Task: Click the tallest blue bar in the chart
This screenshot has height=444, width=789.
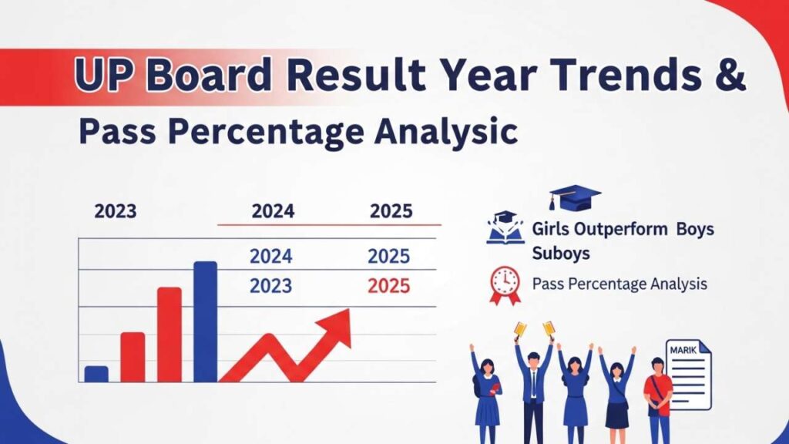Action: tap(205, 321)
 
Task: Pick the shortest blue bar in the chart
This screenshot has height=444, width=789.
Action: tap(96, 374)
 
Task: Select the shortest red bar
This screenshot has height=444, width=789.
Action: tap(133, 357)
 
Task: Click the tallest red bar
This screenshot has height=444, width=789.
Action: tap(170, 335)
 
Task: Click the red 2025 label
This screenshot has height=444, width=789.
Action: tap(388, 286)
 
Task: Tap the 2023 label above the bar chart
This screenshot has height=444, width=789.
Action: tap(116, 210)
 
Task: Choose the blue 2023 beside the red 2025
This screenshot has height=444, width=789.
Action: tap(270, 286)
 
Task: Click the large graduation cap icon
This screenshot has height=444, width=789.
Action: tap(574, 198)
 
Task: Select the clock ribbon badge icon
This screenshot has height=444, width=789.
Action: tap(505, 284)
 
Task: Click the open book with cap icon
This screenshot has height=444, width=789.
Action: tap(505, 229)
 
